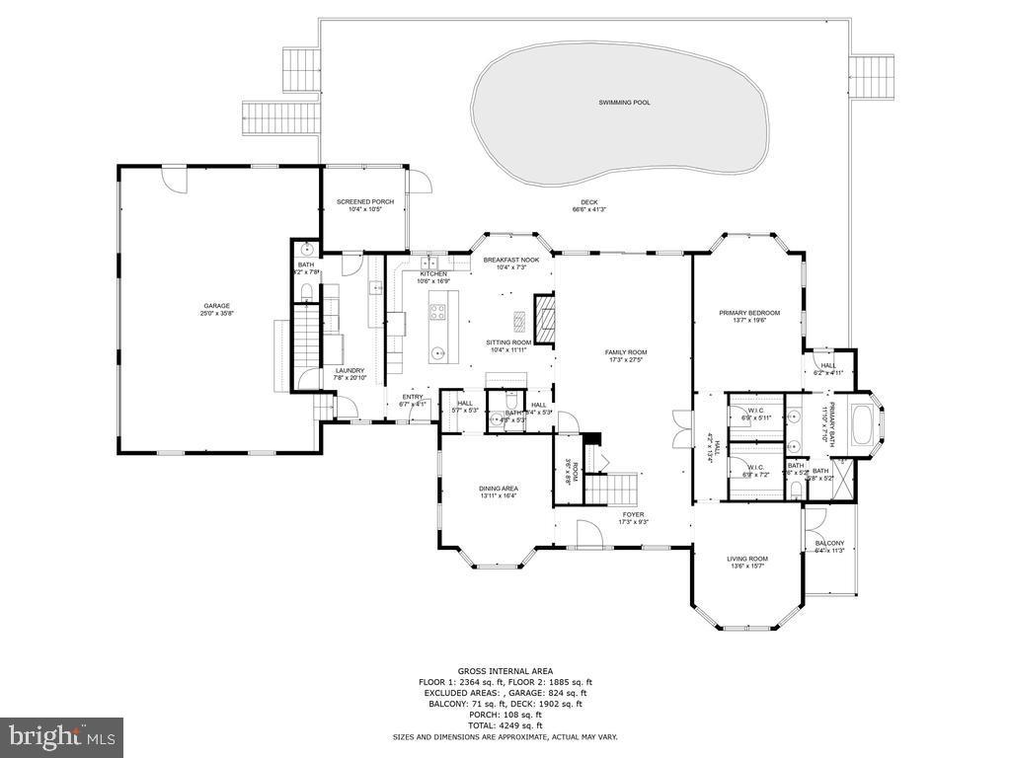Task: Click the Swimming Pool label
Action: click(624, 103)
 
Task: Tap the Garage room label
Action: click(216, 306)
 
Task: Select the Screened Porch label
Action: click(364, 202)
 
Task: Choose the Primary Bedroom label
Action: click(748, 313)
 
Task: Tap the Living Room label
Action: click(747, 559)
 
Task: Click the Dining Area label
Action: click(498, 489)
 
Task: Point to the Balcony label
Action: click(829, 544)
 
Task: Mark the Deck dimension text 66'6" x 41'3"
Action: click(588, 209)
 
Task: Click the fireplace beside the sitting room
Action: click(544, 319)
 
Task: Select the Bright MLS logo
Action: click(61, 736)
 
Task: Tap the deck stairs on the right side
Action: click(872, 76)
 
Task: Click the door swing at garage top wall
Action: click(174, 179)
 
